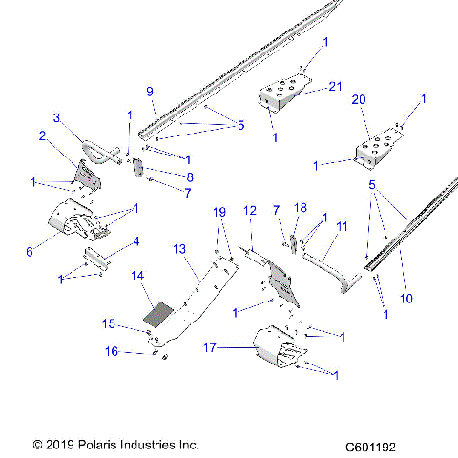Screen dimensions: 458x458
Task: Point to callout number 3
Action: tap(56, 117)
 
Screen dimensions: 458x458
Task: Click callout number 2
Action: tap(42, 136)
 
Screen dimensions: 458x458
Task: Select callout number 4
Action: tap(135, 241)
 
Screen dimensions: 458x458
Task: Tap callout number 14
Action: tap(137, 276)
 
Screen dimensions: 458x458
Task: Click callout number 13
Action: tap(178, 248)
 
